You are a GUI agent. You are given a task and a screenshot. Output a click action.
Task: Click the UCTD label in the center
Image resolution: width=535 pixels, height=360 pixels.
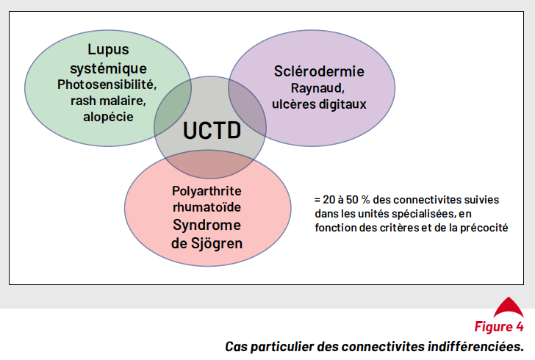212,130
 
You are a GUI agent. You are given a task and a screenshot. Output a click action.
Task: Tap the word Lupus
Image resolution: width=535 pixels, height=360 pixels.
108,50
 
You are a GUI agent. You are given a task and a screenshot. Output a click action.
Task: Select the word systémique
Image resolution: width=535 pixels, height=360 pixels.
108,68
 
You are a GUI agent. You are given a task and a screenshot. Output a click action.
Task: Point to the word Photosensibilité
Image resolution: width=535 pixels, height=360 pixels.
107,84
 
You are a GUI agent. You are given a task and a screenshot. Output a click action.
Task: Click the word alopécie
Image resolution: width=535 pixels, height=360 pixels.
108,117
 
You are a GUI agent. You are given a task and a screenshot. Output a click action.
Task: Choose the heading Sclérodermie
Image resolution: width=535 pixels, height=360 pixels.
319,71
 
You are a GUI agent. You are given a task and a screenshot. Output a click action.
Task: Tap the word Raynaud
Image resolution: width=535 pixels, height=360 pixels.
317,88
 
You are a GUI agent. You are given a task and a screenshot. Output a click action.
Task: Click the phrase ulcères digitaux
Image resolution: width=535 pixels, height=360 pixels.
319,104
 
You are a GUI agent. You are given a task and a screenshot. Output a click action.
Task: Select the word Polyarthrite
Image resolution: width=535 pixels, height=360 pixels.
207,191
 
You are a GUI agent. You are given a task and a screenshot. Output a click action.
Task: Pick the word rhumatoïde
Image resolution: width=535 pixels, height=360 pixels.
207,206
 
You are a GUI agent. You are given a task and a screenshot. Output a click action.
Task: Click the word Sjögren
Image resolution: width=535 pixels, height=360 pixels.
217,244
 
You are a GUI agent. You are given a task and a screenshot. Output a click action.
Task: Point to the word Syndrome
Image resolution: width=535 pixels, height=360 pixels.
207,226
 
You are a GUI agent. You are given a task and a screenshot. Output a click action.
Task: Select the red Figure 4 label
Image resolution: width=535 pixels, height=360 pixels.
499,326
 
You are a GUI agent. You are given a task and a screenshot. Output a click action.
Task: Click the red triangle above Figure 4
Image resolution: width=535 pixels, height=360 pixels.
509,307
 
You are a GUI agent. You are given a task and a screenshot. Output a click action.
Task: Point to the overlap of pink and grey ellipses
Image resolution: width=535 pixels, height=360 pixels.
210,164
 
